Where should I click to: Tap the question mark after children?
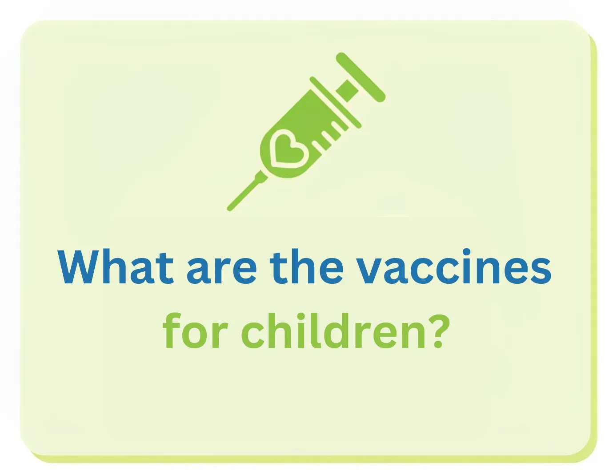[438, 331]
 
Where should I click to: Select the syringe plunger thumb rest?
[360, 77]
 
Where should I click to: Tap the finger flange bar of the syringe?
[335, 102]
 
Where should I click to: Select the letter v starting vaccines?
[373, 271]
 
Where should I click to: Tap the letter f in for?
[172, 331]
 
